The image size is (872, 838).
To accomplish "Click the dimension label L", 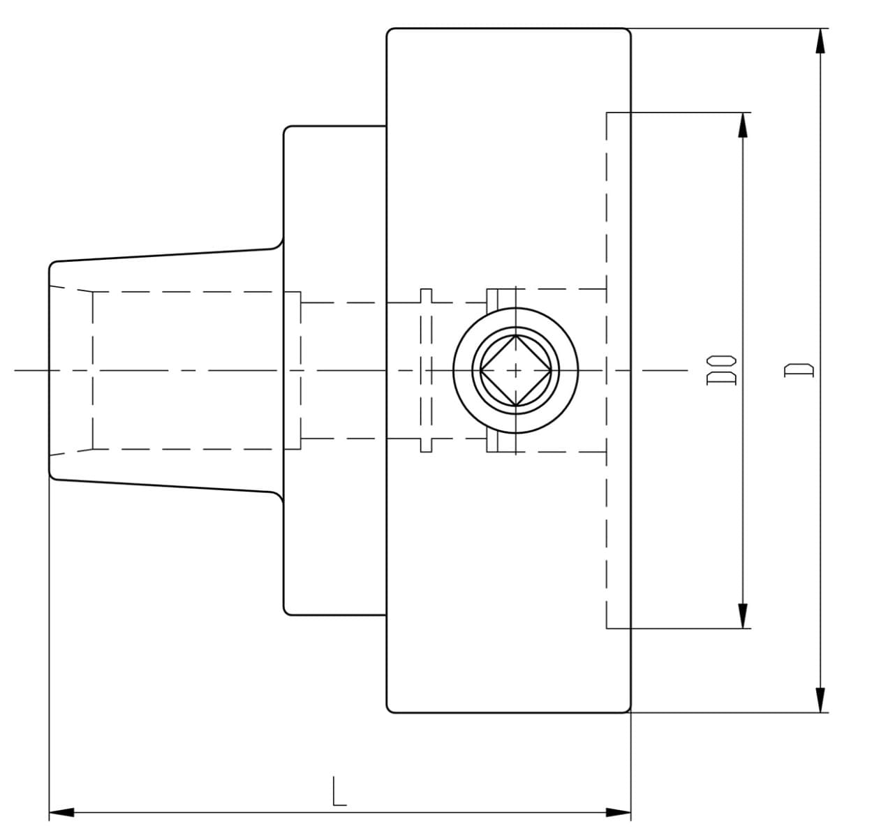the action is point(339,791).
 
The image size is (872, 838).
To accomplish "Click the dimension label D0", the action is point(721,370).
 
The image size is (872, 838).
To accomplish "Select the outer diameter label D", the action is point(799,370).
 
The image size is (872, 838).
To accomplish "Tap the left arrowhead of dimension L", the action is point(61,812).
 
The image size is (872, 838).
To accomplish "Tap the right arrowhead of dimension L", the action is point(619,812).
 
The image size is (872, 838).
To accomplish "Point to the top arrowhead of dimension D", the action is point(820,41).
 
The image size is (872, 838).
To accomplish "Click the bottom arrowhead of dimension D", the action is point(820,700).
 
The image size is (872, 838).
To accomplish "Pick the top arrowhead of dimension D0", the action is point(743,125).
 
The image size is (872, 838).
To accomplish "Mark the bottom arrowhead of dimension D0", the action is point(743,616).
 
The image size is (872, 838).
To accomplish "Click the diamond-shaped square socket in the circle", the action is point(516,371).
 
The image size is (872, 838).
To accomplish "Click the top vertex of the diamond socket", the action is point(516,335).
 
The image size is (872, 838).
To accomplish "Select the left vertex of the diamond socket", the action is point(480,371).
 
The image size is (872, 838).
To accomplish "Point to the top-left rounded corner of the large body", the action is point(388,31).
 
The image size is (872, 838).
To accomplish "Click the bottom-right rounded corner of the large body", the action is point(628,710).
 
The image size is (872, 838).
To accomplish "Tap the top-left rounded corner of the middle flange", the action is point(286,128).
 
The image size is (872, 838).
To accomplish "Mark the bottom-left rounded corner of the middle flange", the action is point(286,612).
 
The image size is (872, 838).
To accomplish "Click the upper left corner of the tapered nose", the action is point(51,263).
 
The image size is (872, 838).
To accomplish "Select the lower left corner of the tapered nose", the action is point(51,477).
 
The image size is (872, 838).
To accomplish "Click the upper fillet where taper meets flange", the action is point(279,245).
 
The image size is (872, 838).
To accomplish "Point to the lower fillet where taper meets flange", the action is point(279,496).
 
